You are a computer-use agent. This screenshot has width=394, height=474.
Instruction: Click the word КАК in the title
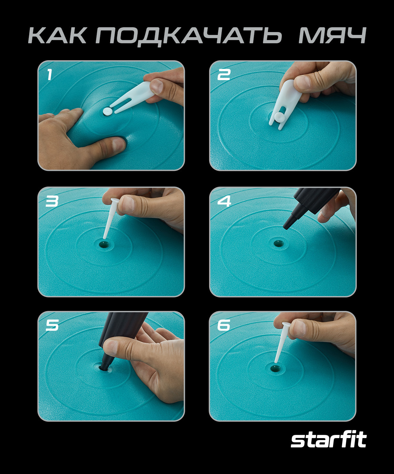click(x=57, y=35)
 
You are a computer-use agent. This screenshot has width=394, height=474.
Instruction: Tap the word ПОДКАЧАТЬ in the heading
click(x=189, y=36)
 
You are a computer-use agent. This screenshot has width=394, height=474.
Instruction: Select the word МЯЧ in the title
click(x=332, y=35)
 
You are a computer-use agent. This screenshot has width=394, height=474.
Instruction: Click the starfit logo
click(x=328, y=440)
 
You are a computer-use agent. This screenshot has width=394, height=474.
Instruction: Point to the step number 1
click(x=49, y=75)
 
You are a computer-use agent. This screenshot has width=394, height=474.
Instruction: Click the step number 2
click(x=224, y=75)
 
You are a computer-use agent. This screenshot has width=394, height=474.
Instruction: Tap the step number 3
click(x=52, y=201)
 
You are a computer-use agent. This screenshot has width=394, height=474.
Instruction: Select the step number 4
click(x=224, y=201)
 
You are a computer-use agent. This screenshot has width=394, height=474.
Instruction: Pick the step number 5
click(x=52, y=325)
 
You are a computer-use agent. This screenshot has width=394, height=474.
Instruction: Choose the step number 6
click(x=224, y=325)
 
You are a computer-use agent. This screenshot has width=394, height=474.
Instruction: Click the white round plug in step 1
click(x=107, y=111)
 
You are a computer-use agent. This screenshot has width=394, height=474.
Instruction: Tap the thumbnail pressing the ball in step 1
click(x=119, y=145)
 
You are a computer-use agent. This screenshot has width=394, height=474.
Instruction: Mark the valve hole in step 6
click(x=275, y=368)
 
